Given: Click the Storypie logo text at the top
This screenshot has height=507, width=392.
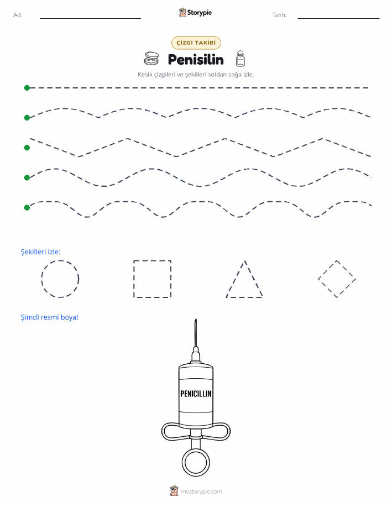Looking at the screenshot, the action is pyautogui.click(x=199, y=13).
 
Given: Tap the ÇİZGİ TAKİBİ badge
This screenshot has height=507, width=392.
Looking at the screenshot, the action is pyautogui.click(x=196, y=43).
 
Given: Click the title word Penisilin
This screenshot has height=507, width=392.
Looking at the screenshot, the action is pyautogui.click(x=196, y=60).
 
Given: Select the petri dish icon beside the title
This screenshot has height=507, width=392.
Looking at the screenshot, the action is pyautogui.click(x=151, y=59).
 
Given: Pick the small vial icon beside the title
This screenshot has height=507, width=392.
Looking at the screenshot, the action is pyautogui.click(x=240, y=59).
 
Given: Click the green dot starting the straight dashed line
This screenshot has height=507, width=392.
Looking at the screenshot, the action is pyautogui.click(x=27, y=87).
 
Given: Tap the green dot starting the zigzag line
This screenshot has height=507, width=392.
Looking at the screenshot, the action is pyautogui.click(x=27, y=148).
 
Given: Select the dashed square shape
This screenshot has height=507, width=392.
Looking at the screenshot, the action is pyautogui.click(x=134, y=279).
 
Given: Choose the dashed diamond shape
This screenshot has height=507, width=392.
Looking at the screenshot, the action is pyautogui.click(x=327, y=270).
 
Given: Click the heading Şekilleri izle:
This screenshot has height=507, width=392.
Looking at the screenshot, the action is pyautogui.click(x=41, y=252).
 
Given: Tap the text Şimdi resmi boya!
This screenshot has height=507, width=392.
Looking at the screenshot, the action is pyautogui.click(x=50, y=317).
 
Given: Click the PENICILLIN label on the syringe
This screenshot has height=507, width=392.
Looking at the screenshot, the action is pyautogui.click(x=196, y=394).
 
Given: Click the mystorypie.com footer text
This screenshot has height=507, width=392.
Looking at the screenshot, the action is pyautogui.click(x=201, y=492).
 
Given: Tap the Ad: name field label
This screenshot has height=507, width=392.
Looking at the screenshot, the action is pyautogui.click(x=18, y=15).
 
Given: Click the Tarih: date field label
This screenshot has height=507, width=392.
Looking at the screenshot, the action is pyautogui.click(x=279, y=15).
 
